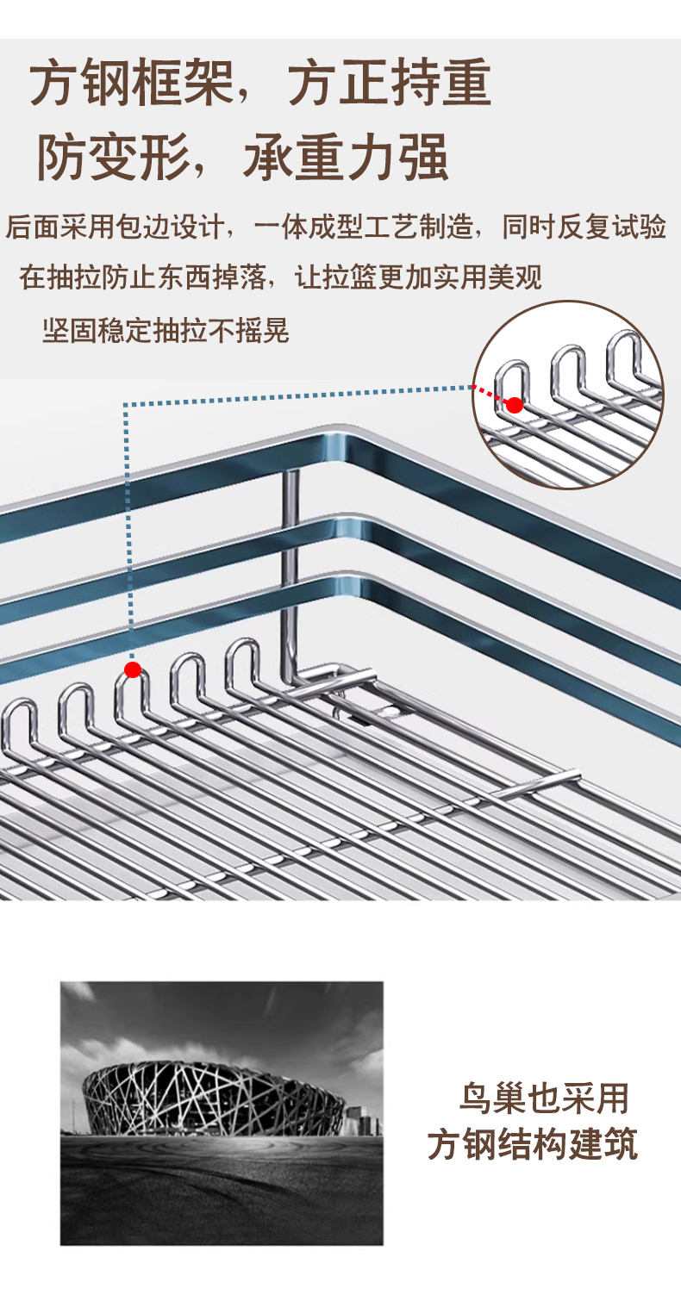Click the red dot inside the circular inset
click(x=515, y=405)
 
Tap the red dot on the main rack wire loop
click(x=133, y=669)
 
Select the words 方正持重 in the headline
click(x=389, y=84)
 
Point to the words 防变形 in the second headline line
click(x=112, y=157)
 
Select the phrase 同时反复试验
click(x=584, y=227)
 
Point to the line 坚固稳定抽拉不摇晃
click(x=166, y=330)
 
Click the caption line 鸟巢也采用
click(x=544, y=1099)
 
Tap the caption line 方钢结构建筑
click(x=533, y=1145)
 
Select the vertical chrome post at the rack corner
click(x=291, y=569)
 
